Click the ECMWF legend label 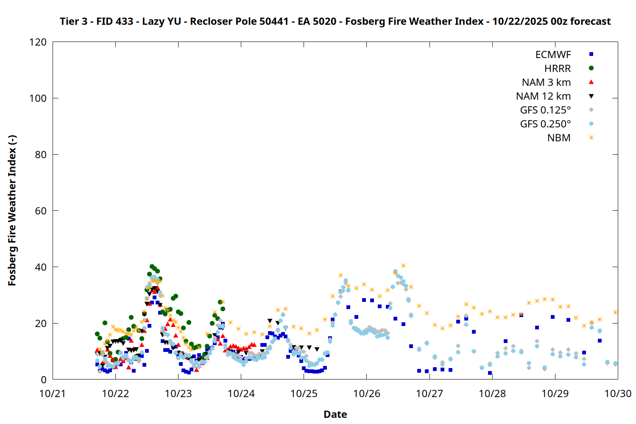(x=553, y=55)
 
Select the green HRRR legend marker (x=591, y=68)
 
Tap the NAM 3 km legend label (x=546, y=82)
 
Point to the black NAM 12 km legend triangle (x=591, y=96)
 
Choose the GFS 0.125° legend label (x=545, y=110)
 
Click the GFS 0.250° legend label (x=545, y=124)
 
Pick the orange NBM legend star (x=591, y=138)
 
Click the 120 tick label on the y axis (x=38, y=42)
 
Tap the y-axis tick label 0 (x=44, y=379)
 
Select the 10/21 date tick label (x=53, y=393)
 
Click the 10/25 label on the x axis (x=304, y=393)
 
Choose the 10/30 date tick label (x=617, y=393)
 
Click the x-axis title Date (x=335, y=414)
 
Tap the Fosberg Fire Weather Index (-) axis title (x=12, y=211)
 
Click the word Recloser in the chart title (x=210, y=21)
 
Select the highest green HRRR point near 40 (x=152, y=267)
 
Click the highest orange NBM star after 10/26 (x=403, y=266)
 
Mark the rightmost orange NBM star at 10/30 (x=615, y=312)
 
